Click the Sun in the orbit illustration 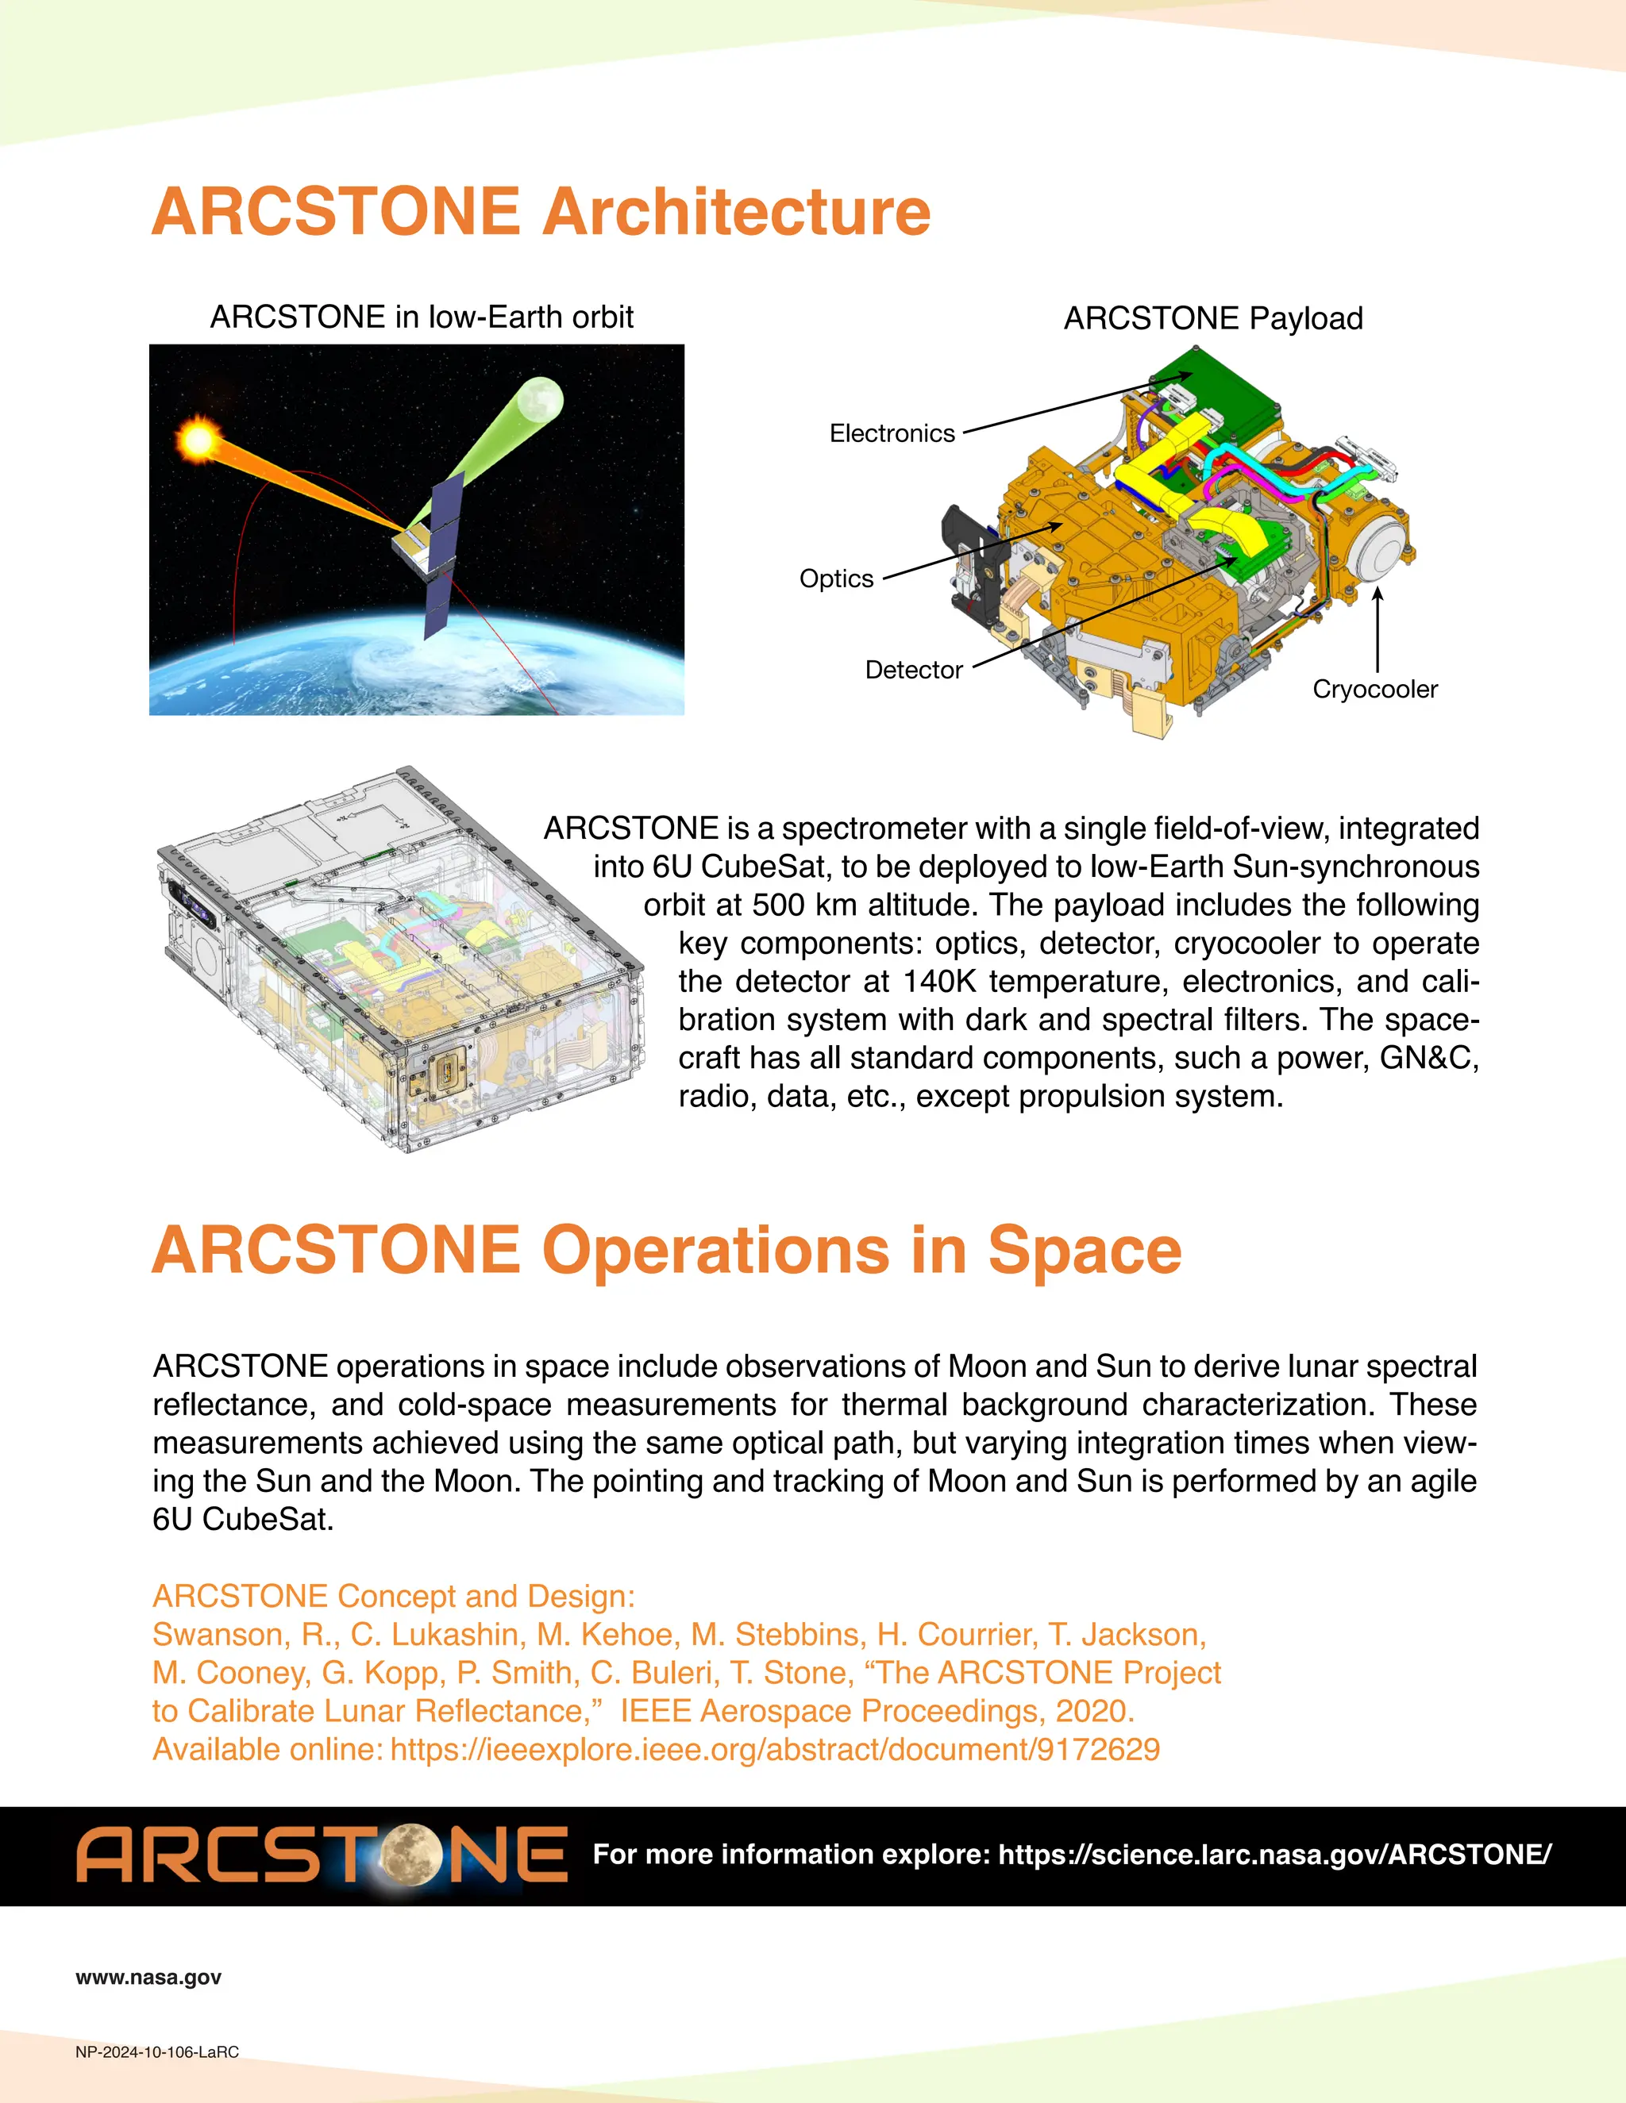pos(198,441)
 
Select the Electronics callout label pos(892,433)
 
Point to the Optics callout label pos(836,579)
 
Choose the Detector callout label pos(913,671)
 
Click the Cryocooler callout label pos(1374,690)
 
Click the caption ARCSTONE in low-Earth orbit pos(422,317)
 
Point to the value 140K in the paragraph pos(938,981)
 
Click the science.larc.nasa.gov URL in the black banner pos(1273,1855)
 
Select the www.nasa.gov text pos(148,1978)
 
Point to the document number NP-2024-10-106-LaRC pos(157,2052)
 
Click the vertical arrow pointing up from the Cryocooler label pos(1377,631)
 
